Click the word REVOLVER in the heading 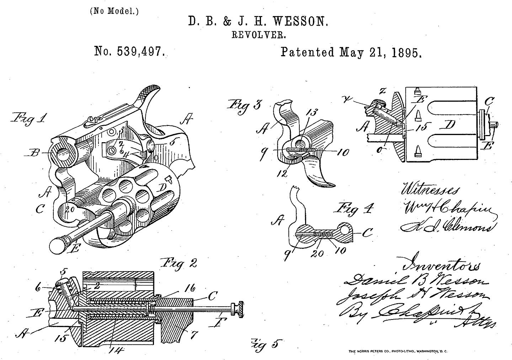pos(259,35)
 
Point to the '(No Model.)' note pos(114,11)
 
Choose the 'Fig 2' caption pos(179,264)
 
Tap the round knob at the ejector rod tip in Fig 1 pos(57,246)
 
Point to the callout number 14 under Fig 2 pos(117,349)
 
